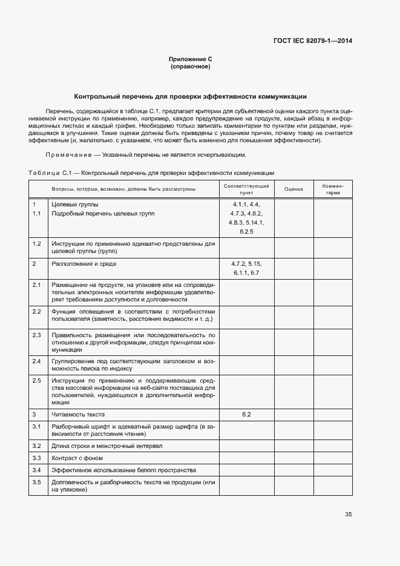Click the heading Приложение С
(x=190, y=59)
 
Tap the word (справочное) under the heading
(x=190, y=67)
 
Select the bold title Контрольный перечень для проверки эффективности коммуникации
(x=190, y=96)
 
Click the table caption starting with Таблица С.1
(x=151, y=173)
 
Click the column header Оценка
(x=293, y=189)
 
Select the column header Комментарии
(x=333, y=189)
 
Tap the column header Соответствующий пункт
(x=246, y=189)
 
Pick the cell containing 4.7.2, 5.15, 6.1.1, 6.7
(x=246, y=269)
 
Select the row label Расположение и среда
(x=84, y=264)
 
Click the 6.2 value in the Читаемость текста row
(x=246, y=415)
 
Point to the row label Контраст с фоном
(x=77, y=458)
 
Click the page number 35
(x=348, y=515)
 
